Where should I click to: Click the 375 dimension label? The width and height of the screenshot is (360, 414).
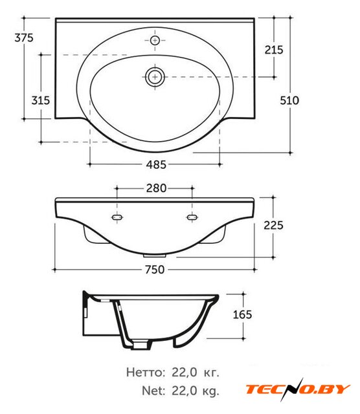(x=24, y=38)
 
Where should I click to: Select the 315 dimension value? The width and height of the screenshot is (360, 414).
(x=40, y=100)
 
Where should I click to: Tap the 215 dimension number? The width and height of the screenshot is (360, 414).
(x=274, y=50)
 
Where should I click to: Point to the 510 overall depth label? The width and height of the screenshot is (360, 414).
(x=289, y=100)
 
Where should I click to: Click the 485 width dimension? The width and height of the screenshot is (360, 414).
(x=156, y=164)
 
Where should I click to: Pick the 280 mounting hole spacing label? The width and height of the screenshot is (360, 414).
(x=156, y=188)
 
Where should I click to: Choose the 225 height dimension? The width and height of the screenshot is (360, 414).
(x=273, y=225)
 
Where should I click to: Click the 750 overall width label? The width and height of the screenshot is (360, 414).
(x=155, y=270)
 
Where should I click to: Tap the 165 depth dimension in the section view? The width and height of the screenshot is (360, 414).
(x=242, y=314)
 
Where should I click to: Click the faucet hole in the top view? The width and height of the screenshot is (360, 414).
(x=155, y=40)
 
